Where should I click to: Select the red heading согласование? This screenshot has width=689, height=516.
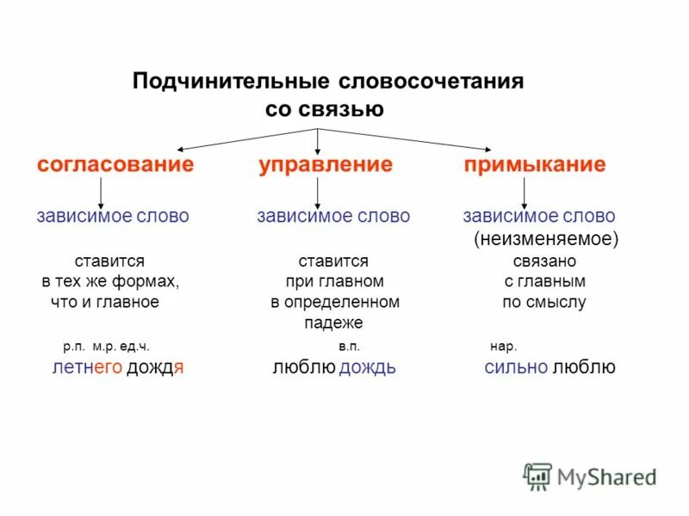point(115,164)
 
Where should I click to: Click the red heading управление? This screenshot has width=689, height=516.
point(326,164)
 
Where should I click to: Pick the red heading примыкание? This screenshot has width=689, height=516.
point(535,164)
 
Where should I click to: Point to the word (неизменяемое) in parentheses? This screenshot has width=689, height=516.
point(545,238)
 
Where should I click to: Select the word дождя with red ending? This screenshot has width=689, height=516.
point(156,368)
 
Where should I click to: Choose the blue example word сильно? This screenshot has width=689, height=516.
point(516,368)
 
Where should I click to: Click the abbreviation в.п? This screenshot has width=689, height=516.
point(349,347)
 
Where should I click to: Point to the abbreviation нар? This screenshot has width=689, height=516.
point(503,347)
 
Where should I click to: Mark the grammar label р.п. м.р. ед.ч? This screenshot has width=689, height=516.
point(106,347)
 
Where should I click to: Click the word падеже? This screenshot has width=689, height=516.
point(333,323)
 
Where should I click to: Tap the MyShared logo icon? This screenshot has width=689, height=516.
point(537,476)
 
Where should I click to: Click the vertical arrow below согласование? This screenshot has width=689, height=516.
point(102,192)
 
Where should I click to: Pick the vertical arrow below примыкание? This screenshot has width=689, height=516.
point(534,192)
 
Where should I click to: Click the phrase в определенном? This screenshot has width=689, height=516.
point(334,302)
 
